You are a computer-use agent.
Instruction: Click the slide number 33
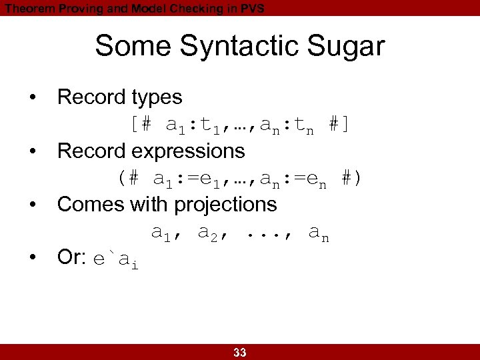click(x=240, y=353)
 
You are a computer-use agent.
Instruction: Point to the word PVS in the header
click(x=251, y=8)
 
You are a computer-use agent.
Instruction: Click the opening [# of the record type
click(x=141, y=125)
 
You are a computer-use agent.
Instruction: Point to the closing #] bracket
click(x=340, y=125)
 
